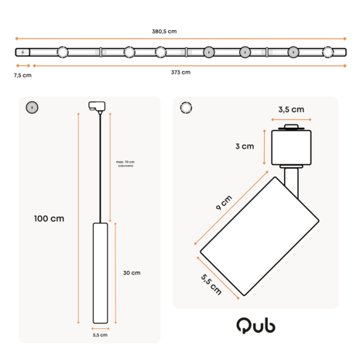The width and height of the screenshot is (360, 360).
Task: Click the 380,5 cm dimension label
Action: pyautogui.click(x=164, y=32)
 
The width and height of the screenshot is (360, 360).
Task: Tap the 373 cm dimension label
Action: pyautogui.click(x=180, y=72)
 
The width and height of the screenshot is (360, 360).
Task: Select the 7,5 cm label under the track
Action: pyautogui.click(x=22, y=76)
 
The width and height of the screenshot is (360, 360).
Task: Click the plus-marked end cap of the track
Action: pyautogui.click(x=23, y=53)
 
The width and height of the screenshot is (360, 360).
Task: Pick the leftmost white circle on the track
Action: pyautogui.click(x=61, y=53)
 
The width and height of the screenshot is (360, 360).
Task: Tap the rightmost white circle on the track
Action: pyautogui.click(x=328, y=53)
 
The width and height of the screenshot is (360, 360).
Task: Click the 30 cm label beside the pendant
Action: pyautogui.click(x=131, y=273)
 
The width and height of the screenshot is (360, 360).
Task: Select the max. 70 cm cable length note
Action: pyautogui.click(x=125, y=163)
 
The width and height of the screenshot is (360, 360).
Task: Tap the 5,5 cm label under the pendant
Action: pyautogui.click(x=99, y=335)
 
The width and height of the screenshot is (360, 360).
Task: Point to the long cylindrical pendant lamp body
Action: pyautogui.click(x=99, y=273)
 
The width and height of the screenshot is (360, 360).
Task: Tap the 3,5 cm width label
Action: pyautogui.click(x=292, y=109)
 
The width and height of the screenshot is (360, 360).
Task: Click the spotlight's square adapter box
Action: pyautogui.click(x=292, y=146)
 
